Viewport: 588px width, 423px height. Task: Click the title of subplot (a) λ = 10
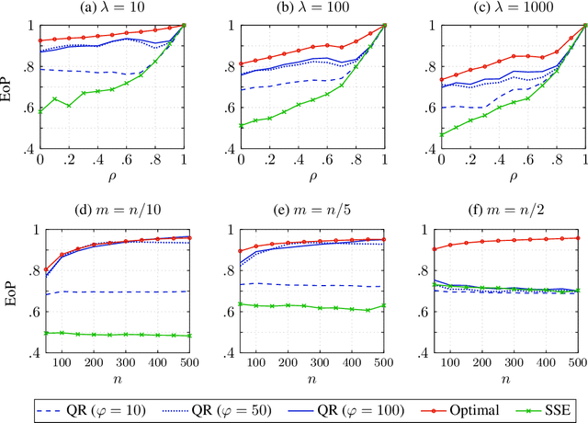113,9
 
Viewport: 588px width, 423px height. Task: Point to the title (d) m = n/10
113,217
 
